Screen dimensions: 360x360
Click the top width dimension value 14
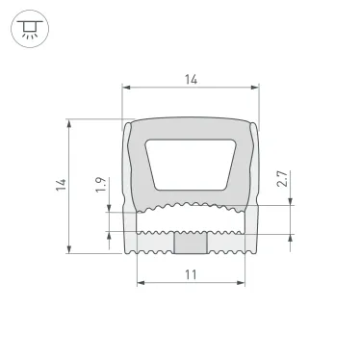coord(191,81)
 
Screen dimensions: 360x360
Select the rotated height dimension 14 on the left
coord(59,183)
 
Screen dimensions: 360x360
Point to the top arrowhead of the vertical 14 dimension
coord(70,123)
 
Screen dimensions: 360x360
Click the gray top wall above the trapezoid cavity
coord(191,127)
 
